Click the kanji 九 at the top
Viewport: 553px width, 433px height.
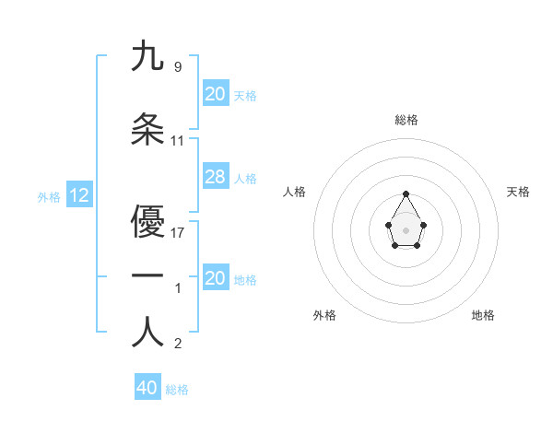point(147,56)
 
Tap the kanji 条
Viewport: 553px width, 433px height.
point(147,130)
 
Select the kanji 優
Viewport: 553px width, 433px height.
point(147,222)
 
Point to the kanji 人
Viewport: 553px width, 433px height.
point(147,333)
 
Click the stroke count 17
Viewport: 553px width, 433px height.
point(178,232)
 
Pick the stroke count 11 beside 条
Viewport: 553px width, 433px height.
point(178,140)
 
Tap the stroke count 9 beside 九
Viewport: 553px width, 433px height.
point(178,66)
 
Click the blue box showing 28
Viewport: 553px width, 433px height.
point(215,177)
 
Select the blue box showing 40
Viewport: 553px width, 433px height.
point(147,388)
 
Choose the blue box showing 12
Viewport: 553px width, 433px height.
point(79,195)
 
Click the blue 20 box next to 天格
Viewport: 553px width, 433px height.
point(215,94)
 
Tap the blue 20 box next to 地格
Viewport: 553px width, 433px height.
point(215,278)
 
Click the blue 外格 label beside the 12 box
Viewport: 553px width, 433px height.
point(48,196)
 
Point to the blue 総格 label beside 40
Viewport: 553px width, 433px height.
point(177,389)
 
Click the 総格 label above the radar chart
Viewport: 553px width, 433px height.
point(406,120)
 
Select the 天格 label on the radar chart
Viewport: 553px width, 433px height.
point(519,192)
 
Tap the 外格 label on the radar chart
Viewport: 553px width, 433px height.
point(324,315)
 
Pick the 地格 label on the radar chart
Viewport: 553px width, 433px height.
point(483,315)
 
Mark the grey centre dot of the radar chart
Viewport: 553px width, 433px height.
point(406,228)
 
